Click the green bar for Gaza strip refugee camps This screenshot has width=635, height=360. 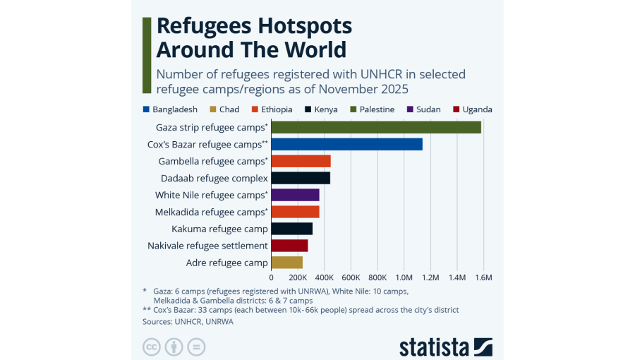coord(376,127)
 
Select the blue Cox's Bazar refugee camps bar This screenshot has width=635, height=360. coord(346,144)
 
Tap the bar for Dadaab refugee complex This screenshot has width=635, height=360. coord(301,178)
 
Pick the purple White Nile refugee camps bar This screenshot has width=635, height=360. coord(295,195)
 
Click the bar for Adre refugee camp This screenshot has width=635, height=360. coord(286,263)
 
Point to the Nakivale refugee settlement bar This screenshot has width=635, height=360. coord(289,246)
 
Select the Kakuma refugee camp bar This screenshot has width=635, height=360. coord(291,229)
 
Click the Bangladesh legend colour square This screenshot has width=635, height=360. coord(146,109)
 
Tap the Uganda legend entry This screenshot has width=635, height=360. coord(477,109)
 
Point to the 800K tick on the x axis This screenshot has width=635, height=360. coord(377,277)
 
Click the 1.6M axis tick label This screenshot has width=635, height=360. coord(483,277)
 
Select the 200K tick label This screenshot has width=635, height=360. coord(298,277)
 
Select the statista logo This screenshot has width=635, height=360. coord(445,347)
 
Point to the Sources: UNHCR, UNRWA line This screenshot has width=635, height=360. coord(188,321)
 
